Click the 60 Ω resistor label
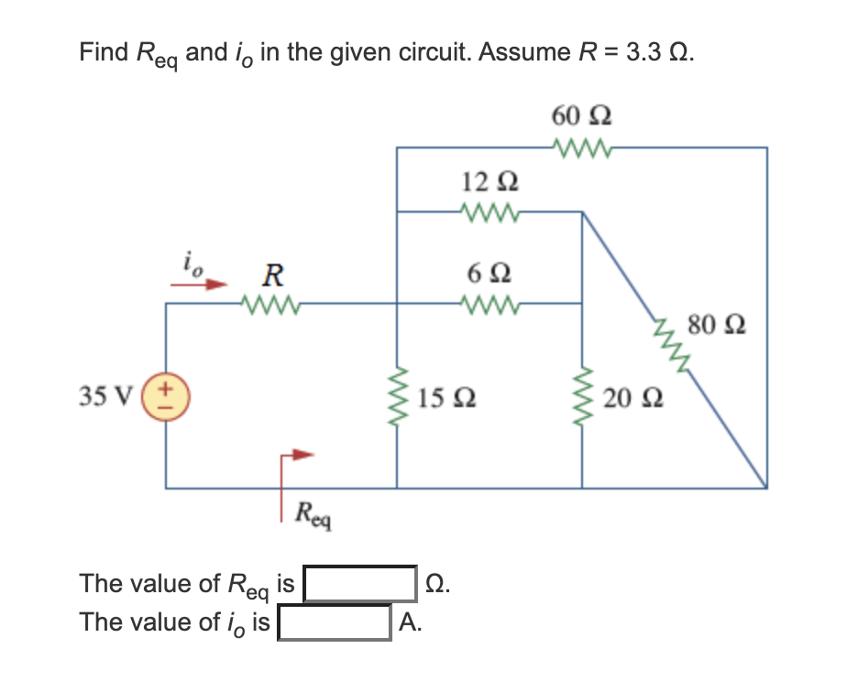pyautogui.click(x=582, y=117)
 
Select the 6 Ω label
pyautogui.click(x=489, y=273)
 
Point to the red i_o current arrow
pyautogui.click(x=197, y=283)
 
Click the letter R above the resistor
pyautogui.click(x=271, y=273)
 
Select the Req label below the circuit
pyautogui.click(x=313, y=515)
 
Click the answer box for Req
pyautogui.click(x=361, y=583)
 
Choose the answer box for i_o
pyautogui.click(x=336, y=622)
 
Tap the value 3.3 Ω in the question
pyautogui.click(x=658, y=52)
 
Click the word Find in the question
pyautogui.click(x=103, y=52)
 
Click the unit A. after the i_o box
pyautogui.click(x=412, y=623)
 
